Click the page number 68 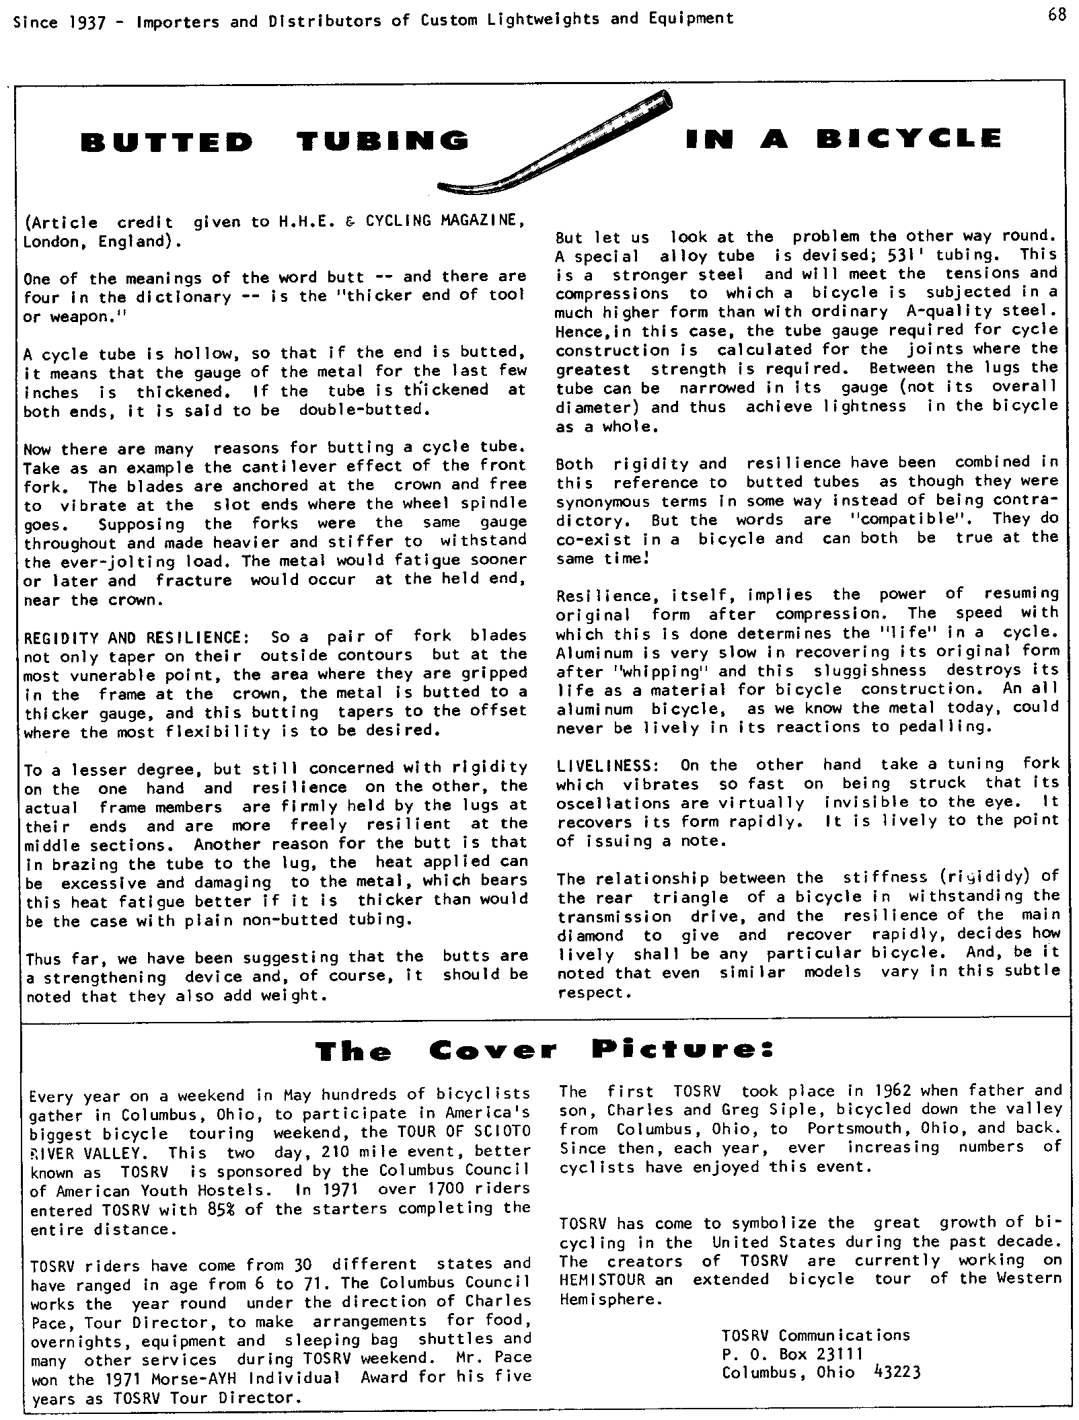pyautogui.click(x=1057, y=15)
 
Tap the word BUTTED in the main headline pyautogui.click(x=167, y=142)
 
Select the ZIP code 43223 pyautogui.click(x=895, y=1372)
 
